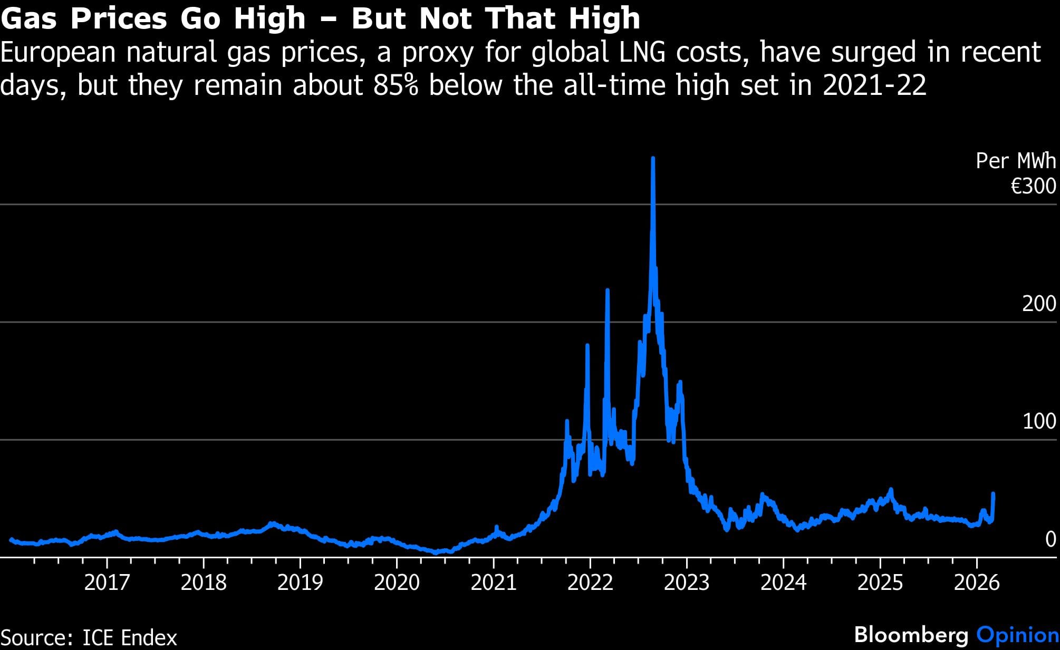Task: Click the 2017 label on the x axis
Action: click(x=107, y=583)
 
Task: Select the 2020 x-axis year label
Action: click(x=397, y=583)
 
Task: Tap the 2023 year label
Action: click(x=687, y=583)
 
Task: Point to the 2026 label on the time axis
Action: click(x=977, y=583)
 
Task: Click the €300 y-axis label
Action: click(x=1033, y=186)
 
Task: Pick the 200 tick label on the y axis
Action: click(x=1039, y=304)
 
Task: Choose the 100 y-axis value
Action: click(x=1039, y=421)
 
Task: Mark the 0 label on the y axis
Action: click(x=1050, y=539)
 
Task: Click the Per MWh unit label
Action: click(x=1016, y=161)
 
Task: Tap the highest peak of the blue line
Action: click(x=653, y=158)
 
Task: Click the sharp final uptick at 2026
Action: click(x=993, y=494)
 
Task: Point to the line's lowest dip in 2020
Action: click(x=436, y=552)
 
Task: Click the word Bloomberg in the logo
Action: click(x=911, y=635)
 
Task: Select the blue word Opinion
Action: click(x=1018, y=635)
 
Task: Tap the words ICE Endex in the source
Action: click(x=130, y=638)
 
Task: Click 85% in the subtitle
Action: click(x=396, y=85)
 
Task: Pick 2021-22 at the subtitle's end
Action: click(x=874, y=85)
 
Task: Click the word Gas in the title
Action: click(x=30, y=18)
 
